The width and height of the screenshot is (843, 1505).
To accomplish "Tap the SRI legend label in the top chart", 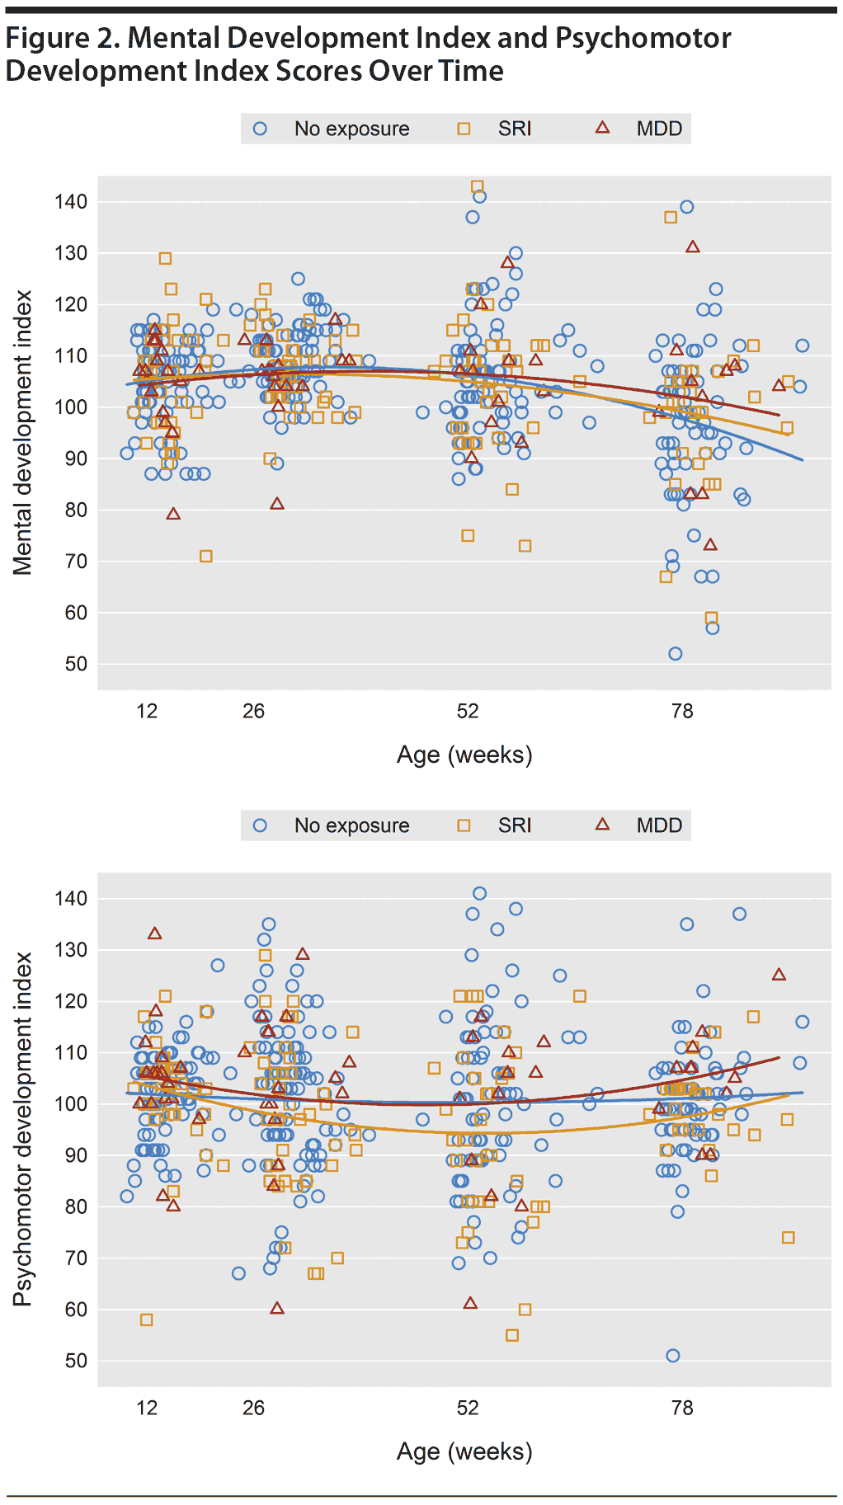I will pos(515,129).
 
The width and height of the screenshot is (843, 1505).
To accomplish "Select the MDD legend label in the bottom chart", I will pos(659,825).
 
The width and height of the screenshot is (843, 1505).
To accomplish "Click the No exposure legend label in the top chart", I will pos(351,129).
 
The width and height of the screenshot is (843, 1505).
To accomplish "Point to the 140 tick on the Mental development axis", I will pos(71,202).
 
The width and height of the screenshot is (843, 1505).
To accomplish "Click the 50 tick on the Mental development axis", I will pos(76,664).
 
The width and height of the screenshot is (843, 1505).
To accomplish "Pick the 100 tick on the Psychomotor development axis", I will pos(71,1104).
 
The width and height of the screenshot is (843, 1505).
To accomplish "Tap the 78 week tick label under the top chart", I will pos(682,711).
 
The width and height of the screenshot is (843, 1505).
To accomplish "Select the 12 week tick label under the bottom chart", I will pos(147,1408).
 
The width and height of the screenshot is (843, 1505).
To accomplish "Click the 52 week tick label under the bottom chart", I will pos(468,1408).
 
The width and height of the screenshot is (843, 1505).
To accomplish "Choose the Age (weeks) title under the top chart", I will pos(464,755).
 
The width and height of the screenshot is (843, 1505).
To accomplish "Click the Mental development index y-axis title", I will pos(22,432).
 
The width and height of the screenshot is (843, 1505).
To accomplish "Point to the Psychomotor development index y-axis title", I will pos(22,1129).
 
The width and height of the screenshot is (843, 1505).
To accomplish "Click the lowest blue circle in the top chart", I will pos(676,654).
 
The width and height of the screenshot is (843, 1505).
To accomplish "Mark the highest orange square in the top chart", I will pos(477,186).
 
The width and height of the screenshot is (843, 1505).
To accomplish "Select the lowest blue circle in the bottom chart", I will pos(673,1356).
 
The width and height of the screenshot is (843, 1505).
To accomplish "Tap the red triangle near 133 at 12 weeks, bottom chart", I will pos(154,934).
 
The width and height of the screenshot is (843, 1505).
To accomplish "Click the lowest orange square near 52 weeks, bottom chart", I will pos(512,1335).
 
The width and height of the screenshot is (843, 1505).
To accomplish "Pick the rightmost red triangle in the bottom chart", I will pos(779,975).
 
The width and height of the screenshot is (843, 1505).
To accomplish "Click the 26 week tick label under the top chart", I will pos(253,711).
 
